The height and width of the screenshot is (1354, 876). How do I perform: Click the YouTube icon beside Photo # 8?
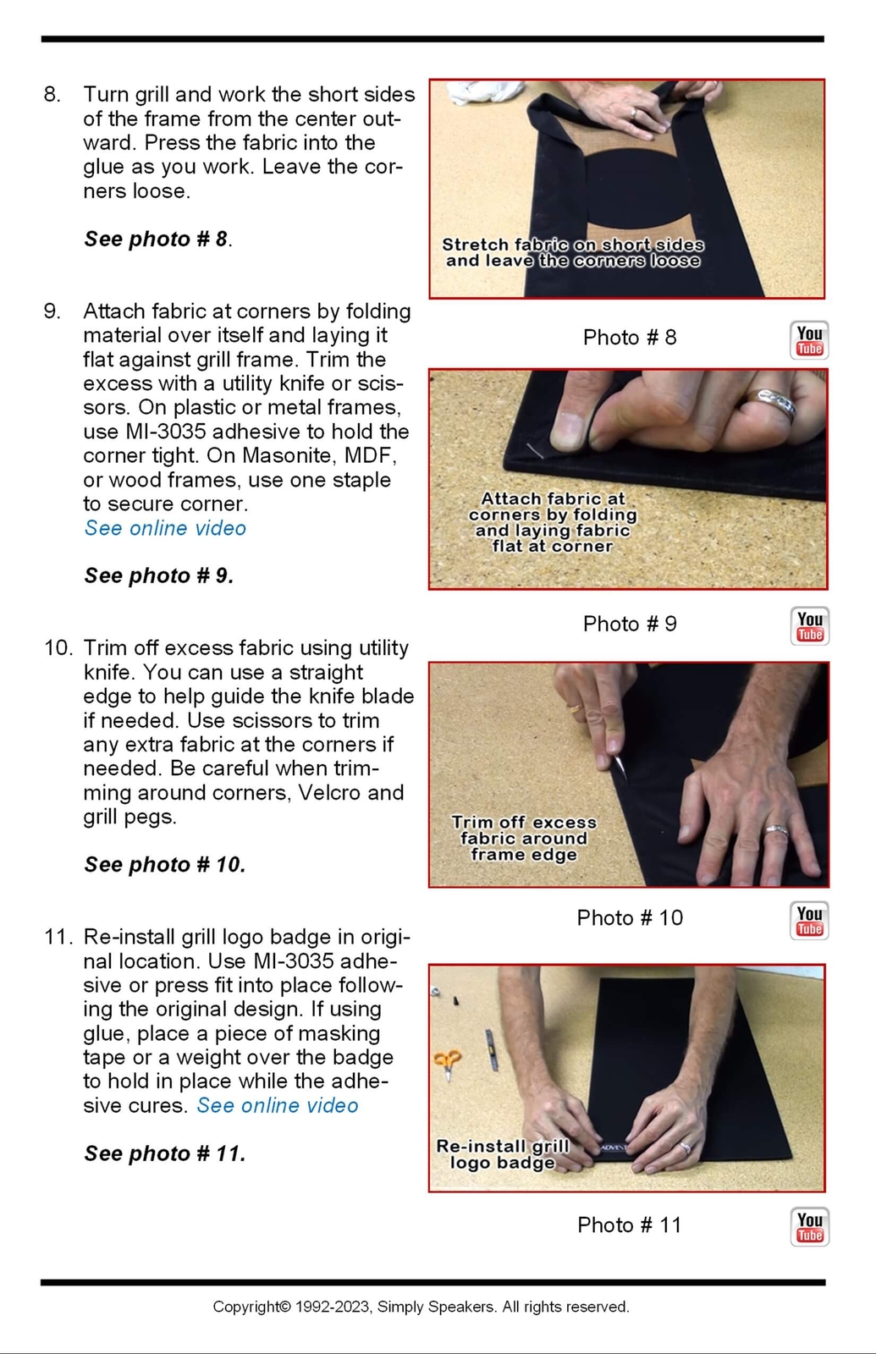[x=809, y=340]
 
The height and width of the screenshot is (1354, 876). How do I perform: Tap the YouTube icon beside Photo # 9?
[x=809, y=626]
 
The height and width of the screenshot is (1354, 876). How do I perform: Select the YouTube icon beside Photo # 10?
[x=809, y=921]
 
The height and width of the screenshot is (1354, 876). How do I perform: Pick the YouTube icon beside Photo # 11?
[x=809, y=1227]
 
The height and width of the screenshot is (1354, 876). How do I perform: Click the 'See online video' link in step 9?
[x=165, y=528]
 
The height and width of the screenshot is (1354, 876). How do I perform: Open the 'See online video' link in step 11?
[x=278, y=1105]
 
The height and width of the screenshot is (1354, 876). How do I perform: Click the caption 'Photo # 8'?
[x=630, y=338]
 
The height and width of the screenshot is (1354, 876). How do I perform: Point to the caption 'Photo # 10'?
[x=630, y=917]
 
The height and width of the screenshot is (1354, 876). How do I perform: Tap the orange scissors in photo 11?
[x=448, y=1063]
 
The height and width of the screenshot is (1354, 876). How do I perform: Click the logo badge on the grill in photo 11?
[x=613, y=1148]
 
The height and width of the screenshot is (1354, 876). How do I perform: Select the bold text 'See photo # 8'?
[x=156, y=239]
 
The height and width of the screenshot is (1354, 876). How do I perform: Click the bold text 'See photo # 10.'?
[x=165, y=864]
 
